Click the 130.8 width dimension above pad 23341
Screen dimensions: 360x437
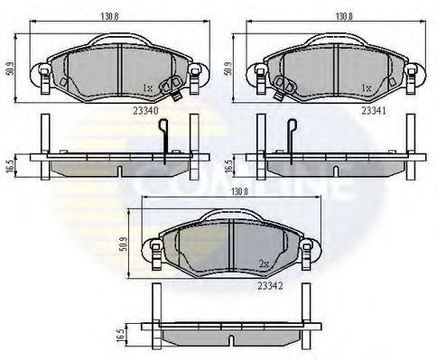(x=344, y=14)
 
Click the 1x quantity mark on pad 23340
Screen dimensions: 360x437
(x=147, y=88)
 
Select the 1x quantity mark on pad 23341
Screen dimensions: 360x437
(x=366, y=88)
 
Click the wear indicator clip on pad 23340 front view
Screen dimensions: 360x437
(x=169, y=88)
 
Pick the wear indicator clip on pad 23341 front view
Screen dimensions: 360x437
(x=281, y=85)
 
